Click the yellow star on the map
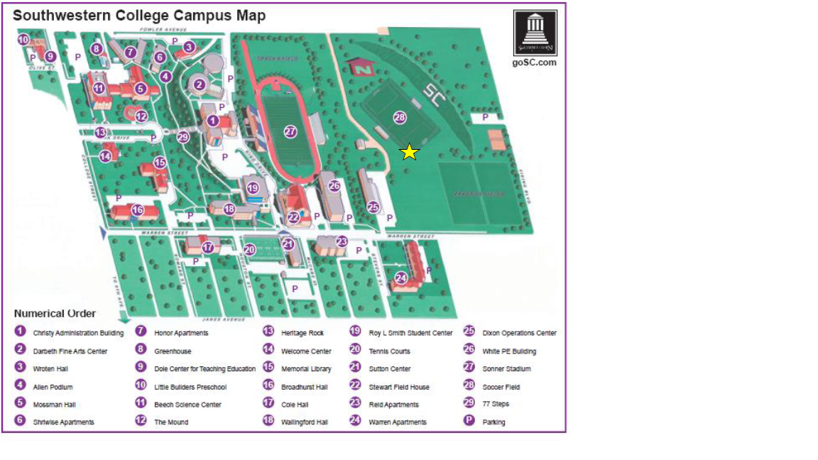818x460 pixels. click(409, 152)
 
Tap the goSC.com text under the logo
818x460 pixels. click(534, 62)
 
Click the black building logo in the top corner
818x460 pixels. click(535, 33)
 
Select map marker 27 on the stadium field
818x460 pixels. click(290, 131)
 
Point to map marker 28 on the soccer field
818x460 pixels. click(399, 117)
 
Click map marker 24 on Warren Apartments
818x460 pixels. click(401, 277)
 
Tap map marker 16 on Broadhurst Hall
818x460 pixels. click(137, 210)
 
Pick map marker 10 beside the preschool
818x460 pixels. click(23, 40)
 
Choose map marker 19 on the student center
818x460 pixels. click(253, 188)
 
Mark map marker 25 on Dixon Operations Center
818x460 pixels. click(373, 207)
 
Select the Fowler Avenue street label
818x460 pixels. click(163, 30)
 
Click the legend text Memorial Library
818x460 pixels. click(305, 369)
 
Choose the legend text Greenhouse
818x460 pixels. click(173, 351)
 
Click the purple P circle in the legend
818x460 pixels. click(469, 421)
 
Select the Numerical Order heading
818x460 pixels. click(55, 314)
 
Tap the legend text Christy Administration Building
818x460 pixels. click(78, 333)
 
